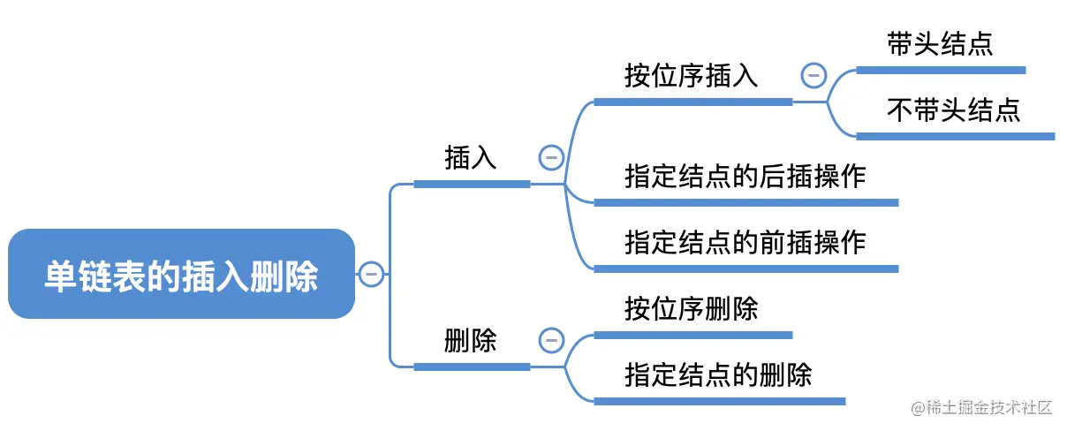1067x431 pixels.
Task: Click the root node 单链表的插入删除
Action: [x=181, y=275]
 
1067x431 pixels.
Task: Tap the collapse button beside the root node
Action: [x=370, y=274]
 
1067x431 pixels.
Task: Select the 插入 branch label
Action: [x=471, y=158]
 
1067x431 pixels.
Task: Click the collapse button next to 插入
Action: [x=550, y=158]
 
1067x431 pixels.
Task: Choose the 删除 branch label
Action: [x=471, y=340]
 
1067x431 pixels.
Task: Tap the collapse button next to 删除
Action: [x=550, y=340]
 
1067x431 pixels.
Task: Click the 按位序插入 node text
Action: [x=692, y=76]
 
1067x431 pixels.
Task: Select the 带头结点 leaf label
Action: [x=940, y=45]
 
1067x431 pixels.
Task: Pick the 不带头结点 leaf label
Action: [x=953, y=110]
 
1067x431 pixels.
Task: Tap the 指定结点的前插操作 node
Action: [x=745, y=242]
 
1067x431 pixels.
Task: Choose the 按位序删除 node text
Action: [x=692, y=309]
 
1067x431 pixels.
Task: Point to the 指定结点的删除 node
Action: [x=718, y=374]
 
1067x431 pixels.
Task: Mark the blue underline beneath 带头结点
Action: [x=941, y=70]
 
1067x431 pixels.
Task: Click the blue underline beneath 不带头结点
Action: [x=955, y=136]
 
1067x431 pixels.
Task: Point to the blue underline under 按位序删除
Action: [x=693, y=335]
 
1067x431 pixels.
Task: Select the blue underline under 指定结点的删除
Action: [x=719, y=401]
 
